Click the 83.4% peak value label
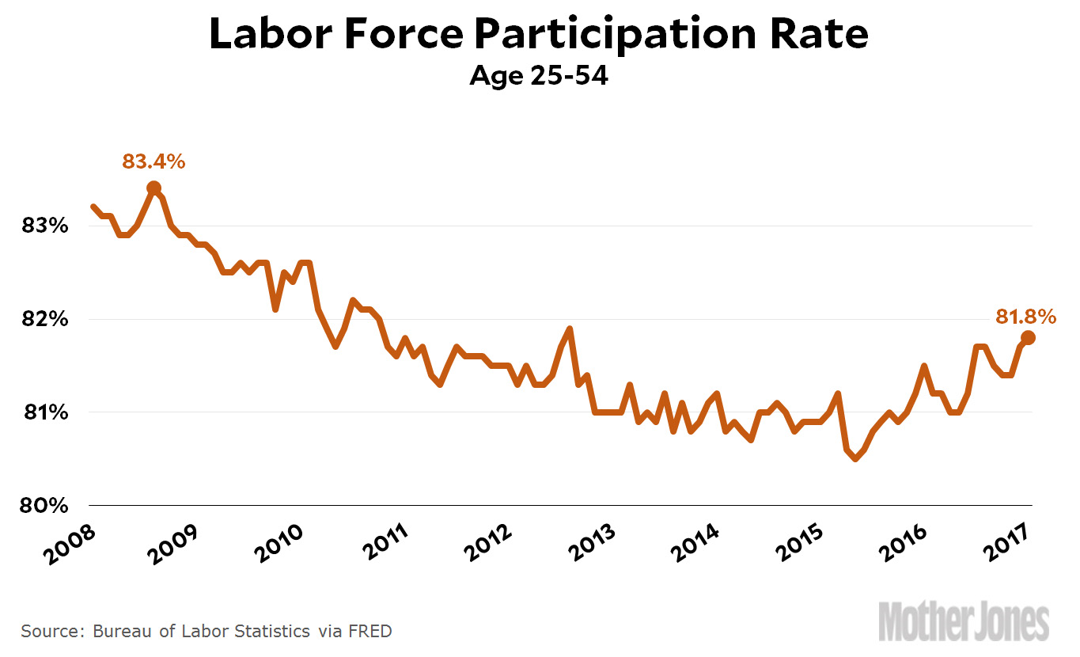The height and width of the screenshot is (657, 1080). [x=153, y=162]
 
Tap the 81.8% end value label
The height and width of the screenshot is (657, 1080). [x=1025, y=317]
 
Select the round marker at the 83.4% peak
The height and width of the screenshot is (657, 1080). [x=153, y=188]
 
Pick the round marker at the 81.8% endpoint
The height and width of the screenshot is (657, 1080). [x=1028, y=337]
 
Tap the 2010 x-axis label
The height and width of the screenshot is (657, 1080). [x=277, y=542]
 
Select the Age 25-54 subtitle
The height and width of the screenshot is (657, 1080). [x=539, y=76]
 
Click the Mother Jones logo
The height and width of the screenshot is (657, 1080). [x=964, y=621]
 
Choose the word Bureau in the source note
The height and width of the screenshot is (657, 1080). [x=120, y=631]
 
